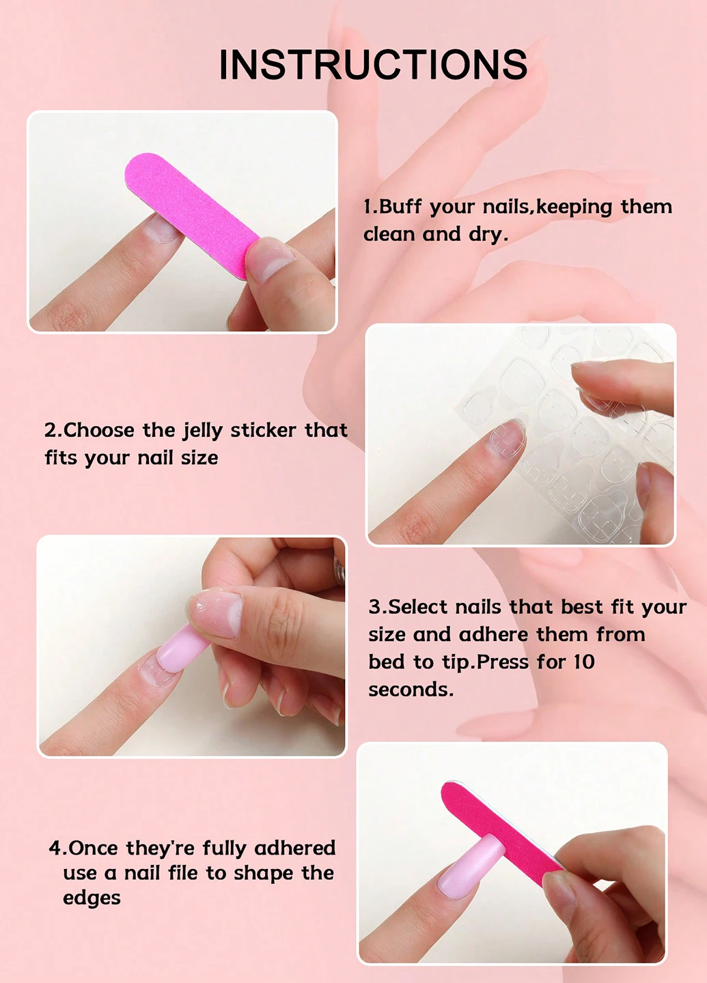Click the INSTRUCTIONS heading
click(373, 64)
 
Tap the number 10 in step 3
click(584, 661)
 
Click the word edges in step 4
click(92, 899)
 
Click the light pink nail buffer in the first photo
click(192, 216)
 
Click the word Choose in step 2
click(99, 430)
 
